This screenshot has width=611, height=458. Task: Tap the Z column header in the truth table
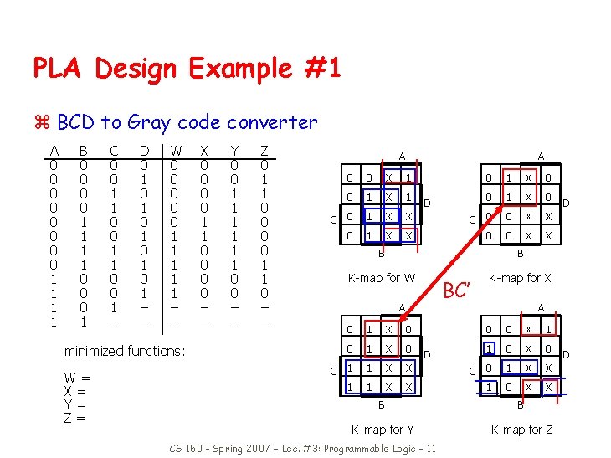coord(264,151)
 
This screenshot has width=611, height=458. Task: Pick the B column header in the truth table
coord(83,151)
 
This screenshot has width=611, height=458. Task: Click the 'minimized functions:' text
coord(125,351)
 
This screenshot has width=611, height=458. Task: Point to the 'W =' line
coord(77,378)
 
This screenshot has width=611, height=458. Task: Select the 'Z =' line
coord(75,418)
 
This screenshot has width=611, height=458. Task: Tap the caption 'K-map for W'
coord(382,277)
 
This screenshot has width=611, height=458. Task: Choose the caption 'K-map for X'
coord(520,277)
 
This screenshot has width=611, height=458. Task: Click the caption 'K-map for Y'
coord(383,430)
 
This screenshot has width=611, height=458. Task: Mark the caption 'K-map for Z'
coord(521,430)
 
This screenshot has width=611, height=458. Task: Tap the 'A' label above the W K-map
coord(401,157)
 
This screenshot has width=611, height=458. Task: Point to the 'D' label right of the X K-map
coord(566,203)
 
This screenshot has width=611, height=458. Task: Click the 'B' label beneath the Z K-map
coord(520,405)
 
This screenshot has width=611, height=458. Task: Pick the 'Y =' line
coord(75,404)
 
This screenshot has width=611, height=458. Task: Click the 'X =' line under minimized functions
coord(75,391)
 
